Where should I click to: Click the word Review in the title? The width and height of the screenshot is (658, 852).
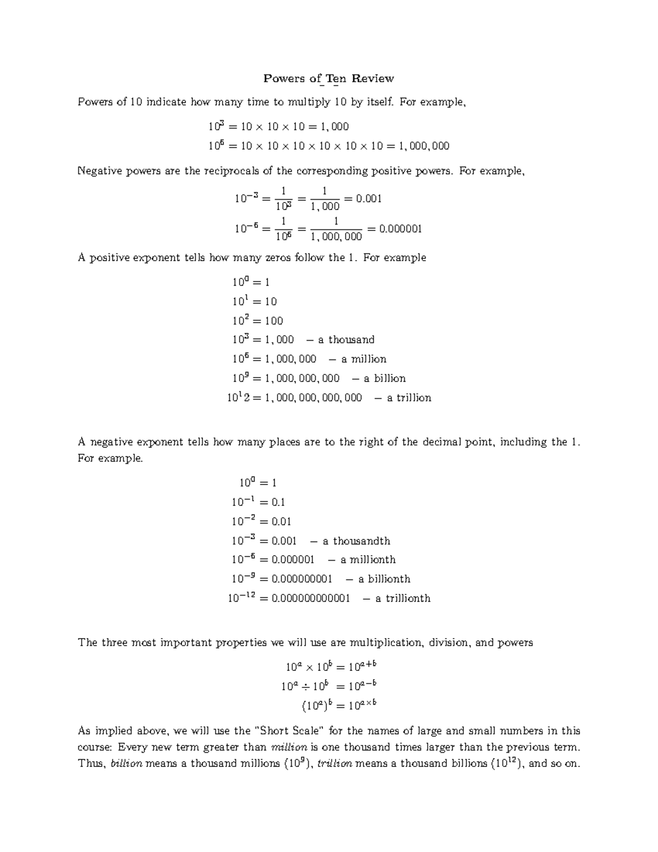(x=372, y=78)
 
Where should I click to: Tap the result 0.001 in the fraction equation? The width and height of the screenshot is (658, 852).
(x=368, y=199)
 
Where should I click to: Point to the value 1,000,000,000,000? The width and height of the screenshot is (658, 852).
(x=313, y=398)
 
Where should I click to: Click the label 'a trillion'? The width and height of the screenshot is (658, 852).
(x=409, y=398)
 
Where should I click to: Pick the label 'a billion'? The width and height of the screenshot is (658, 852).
(x=384, y=379)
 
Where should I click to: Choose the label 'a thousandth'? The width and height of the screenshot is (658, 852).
(x=356, y=541)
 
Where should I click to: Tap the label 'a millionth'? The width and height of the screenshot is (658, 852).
(x=368, y=560)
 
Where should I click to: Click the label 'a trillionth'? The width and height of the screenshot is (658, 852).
(x=402, y=599)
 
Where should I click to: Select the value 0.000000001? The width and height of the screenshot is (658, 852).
(x=302, y=579)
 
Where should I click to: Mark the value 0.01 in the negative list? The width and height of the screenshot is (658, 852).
(x=281, y=522)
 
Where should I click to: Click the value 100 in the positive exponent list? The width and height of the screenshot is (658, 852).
(x=274, y=321)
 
